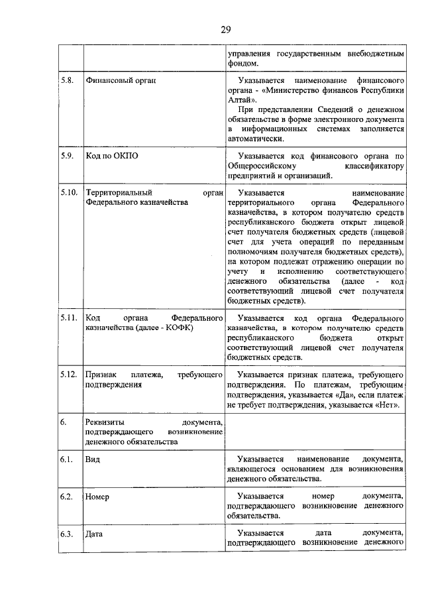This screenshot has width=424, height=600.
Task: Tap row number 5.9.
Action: pos(66,156)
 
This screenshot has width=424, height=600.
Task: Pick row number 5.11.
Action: pos(68,318)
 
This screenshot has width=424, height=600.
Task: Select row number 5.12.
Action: pos(68,375)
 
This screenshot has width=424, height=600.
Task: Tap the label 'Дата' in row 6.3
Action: pos(95,533)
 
